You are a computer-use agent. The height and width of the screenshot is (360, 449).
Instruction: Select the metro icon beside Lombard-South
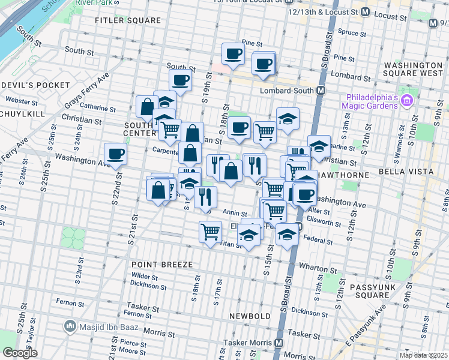click(321, 91)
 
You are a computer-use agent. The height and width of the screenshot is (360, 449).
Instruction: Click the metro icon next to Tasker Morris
click(279, 343)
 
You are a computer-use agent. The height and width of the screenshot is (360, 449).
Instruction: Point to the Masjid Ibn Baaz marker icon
click(70, 327)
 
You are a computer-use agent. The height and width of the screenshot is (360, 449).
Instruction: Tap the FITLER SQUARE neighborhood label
click(128, 20)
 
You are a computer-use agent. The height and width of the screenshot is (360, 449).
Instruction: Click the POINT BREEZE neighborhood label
click(162, 265)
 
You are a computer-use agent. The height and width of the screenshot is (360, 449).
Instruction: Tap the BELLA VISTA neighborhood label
click(406, 172)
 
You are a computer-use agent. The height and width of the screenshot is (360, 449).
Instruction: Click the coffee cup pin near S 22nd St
click(115, 154)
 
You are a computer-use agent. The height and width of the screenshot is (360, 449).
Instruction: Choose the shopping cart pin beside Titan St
click(210, 231)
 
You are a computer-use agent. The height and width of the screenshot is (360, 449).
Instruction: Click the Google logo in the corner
click(20, 353)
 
